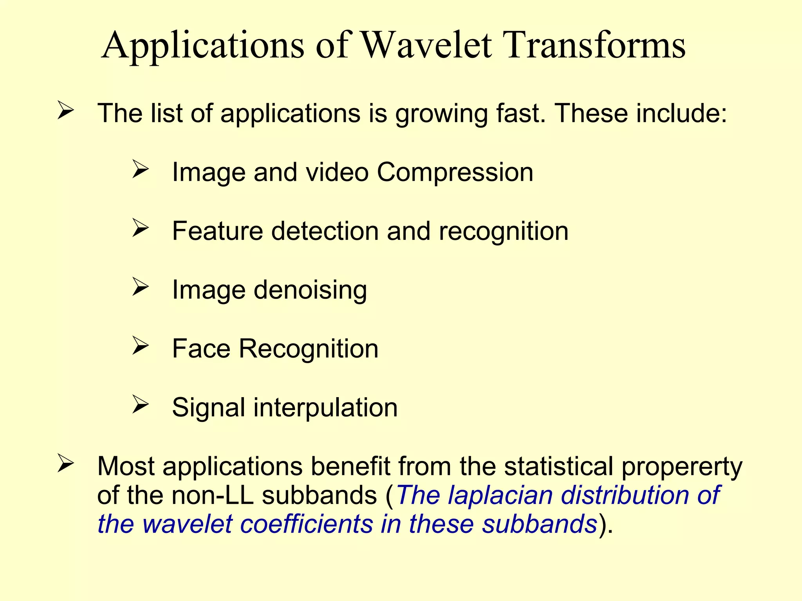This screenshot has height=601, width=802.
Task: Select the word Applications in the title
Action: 203,46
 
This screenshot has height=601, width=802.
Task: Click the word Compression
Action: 455,173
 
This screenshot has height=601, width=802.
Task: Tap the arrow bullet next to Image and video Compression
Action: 140,169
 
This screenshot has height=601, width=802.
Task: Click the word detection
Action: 325,231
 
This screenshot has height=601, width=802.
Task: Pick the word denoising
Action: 310,290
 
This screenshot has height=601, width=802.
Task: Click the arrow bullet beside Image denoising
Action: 140,286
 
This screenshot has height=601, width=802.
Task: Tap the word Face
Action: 201,349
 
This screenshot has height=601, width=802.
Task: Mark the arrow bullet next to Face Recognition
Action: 140,345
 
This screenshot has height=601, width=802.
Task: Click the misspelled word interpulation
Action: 325,408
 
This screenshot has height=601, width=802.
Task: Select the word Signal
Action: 208,408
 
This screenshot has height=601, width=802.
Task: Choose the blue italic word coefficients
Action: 306,524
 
